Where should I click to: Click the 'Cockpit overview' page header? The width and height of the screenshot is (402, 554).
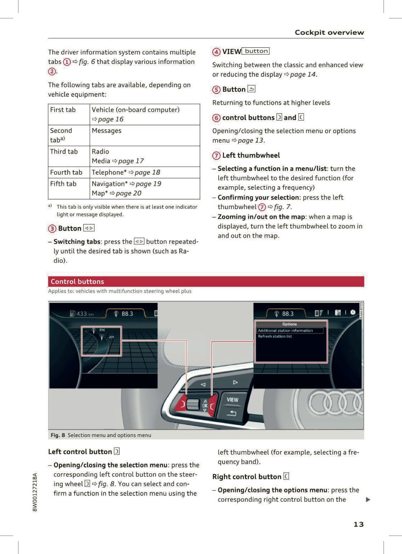[x=329, y=33]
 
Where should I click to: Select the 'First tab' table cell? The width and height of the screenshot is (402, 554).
[x=63, y=110]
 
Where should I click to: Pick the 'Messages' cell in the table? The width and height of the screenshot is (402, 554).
[x=107, y=131]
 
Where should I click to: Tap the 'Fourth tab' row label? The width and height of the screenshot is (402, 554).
[x=66, y=172]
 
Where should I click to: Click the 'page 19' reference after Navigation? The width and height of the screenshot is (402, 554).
[x=148, y=184]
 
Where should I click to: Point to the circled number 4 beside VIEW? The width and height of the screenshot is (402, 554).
[x=216, y=52]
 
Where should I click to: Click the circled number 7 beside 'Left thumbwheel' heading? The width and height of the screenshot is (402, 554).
[x=216, y=156]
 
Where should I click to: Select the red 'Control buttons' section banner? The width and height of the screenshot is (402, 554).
[x=206, y=281]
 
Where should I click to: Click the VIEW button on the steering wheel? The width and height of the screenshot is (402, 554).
[x=232, y=400]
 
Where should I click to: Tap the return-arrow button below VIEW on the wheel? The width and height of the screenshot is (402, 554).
[x=231, y=414]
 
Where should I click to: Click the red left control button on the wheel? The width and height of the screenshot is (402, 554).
[x=181, y=404]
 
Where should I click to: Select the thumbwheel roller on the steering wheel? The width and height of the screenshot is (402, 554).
[x=193, y=404]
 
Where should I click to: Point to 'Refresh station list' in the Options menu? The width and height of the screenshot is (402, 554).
[x=275, y=336]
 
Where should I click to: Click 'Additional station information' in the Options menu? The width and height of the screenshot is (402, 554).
[x=285, y=331]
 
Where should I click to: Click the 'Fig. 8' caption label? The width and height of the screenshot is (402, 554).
[x=58, y=435]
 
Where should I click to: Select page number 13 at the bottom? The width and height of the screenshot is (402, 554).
[x=358, y=524]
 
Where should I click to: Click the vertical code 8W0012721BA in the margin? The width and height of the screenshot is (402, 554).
[x=35, y=492]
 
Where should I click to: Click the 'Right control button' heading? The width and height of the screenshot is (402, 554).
[x=246, y=477]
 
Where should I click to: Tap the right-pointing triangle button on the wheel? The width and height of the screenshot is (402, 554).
[x=235, y=382]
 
